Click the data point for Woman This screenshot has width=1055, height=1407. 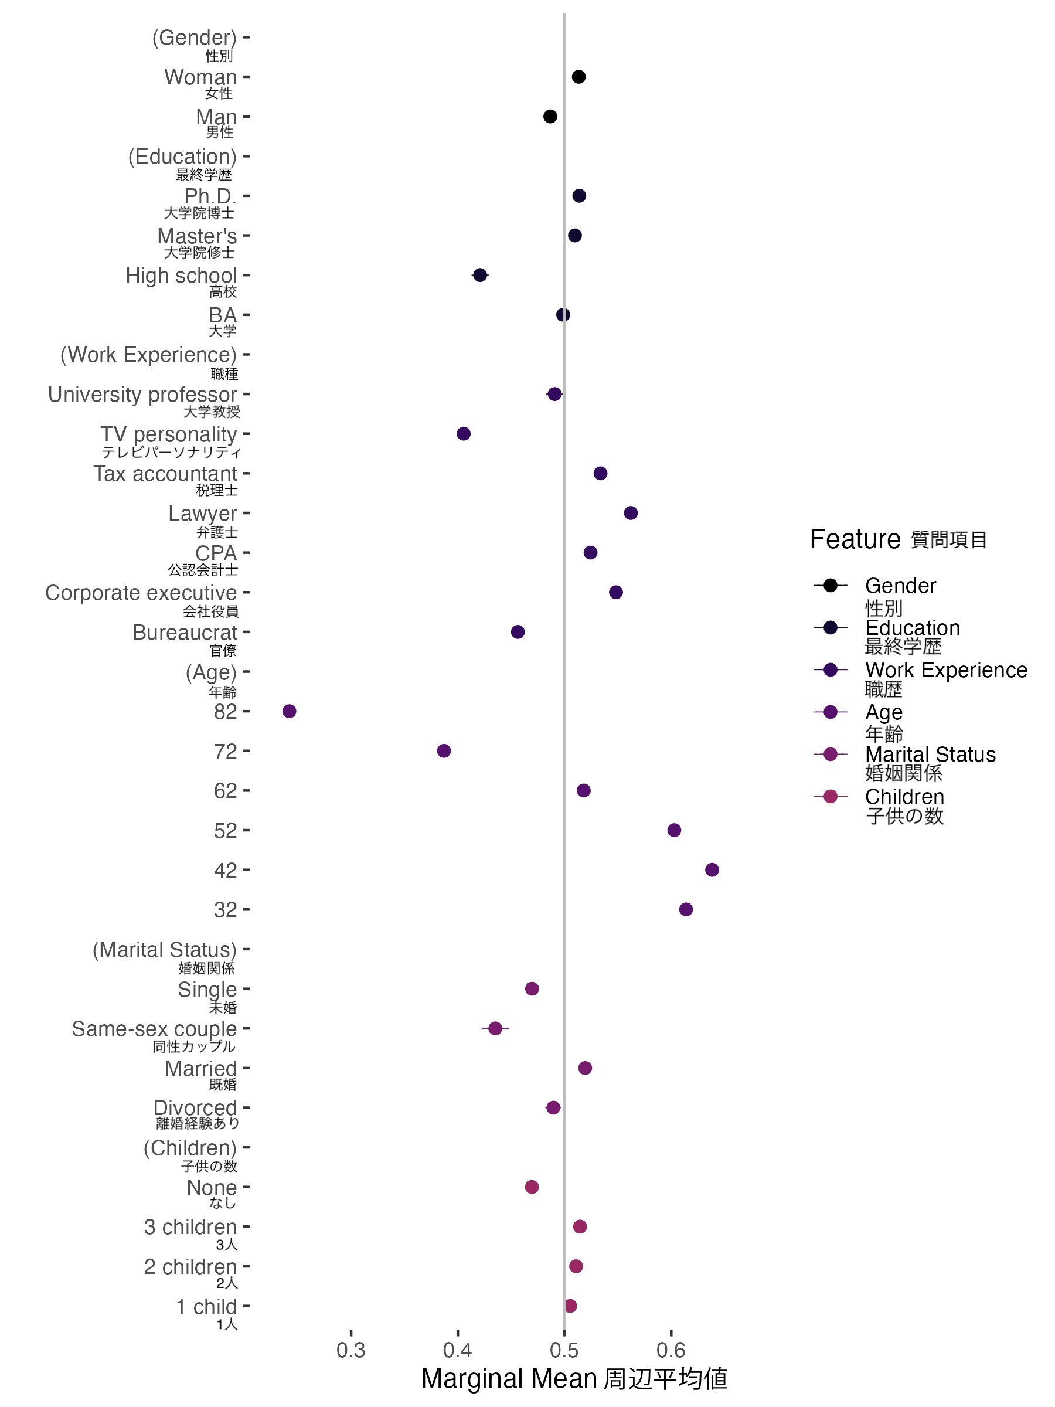pyautogui.click(x=578, y=77)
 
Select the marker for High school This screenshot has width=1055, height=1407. pyautogui.click(x=480, y=275)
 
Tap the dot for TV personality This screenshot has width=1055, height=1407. pyautogui.click(x=464, y=434)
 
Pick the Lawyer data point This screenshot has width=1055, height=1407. pyautogui.click(x=631, y=513)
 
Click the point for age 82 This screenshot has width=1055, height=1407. pyautogui.click(x=290, y=711)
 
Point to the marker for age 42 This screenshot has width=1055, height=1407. pyautogui.click(x=712, y=869)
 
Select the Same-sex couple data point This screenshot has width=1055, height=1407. pyautogui.click(x=495, y=1028)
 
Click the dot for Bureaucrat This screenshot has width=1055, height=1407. pyautogui.click(x=518, y=631)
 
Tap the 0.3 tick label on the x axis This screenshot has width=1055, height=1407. pyautogui.click(x=351, y=1350)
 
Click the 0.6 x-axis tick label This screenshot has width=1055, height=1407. pyautogui.click(x=671, y=1350)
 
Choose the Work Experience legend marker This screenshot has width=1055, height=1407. pyautogui.click(x=830, y=669)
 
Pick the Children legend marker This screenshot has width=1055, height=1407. pyautogui.click(x=830, y=796)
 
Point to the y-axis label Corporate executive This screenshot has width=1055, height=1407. pyautogui.click(x=141, y=593)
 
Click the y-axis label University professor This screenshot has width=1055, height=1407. pyautogui.click(x=142, y=395)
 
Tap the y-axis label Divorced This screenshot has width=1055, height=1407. pyautogui.click(x=195, y=1107)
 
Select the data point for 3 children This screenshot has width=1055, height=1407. pyautogui.click(x=579, y=1226)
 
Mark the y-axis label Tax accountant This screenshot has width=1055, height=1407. pyautogui.click(x=165, y=474)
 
